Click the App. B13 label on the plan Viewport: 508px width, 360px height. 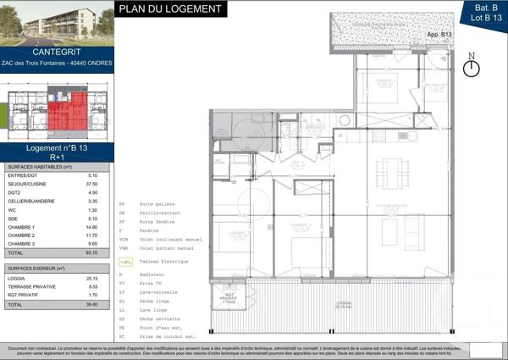(440, 34)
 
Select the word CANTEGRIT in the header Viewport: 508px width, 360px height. (58, 53)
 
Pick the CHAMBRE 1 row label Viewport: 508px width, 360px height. (21, 227)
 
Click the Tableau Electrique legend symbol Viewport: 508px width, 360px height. (125, 263)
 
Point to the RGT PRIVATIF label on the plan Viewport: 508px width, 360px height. (228, 299)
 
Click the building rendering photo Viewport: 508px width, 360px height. (58, 23)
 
